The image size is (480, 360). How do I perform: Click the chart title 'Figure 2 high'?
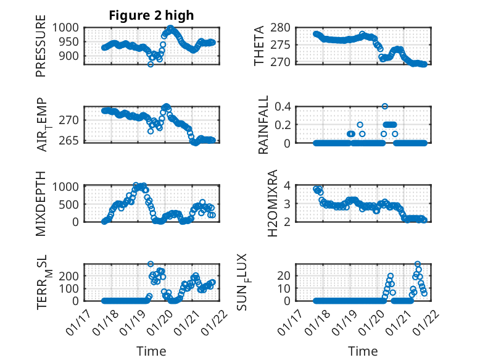[x=151, y=15]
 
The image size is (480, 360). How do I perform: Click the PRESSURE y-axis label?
[x=41, y=50]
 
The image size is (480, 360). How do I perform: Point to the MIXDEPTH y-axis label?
[x=41, y=203]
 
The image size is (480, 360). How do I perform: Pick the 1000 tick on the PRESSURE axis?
[x=65, y=27]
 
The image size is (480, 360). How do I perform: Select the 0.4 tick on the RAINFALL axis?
[x=281, y=106]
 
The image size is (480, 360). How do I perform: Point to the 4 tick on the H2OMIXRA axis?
[x=287, y=185]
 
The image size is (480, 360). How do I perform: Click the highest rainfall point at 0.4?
[x=385, y=106]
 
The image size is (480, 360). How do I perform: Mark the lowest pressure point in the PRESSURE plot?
[x=150, y=64]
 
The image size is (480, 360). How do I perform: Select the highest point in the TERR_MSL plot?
[x=151, y=264]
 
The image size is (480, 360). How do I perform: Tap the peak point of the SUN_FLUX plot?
[x=418, y=264]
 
